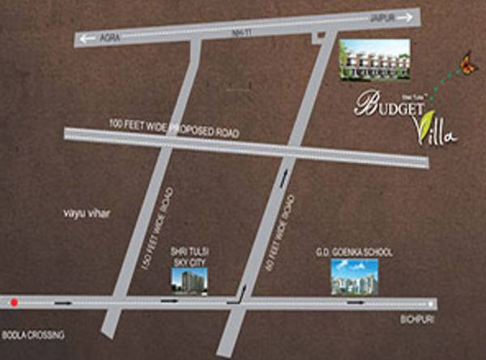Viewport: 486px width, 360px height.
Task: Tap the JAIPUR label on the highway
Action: click(x=382, y=15)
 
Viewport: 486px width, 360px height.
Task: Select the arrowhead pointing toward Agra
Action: click(x=83, y=38)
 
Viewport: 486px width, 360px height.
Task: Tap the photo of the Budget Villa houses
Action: click(x=373, y=60)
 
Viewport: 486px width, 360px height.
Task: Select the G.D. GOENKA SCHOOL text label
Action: click(x=353, y=253)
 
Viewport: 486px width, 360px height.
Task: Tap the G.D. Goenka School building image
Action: click(x=354, y=277)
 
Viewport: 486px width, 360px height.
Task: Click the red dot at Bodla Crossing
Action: click(x=14, y=303)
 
